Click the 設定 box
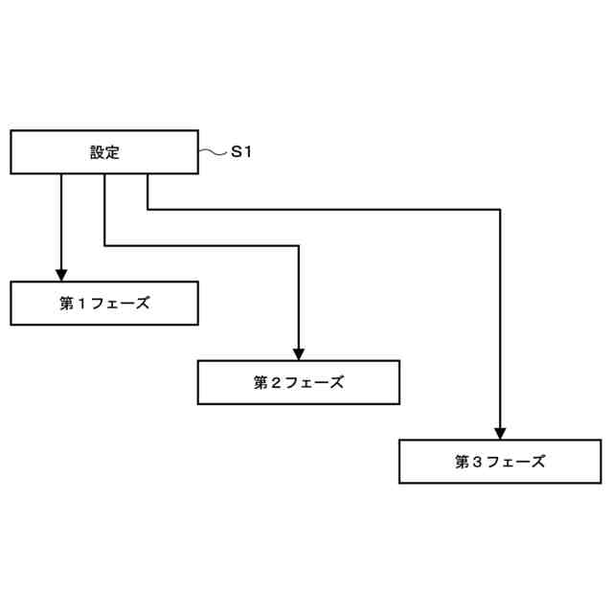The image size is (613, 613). (104, 152)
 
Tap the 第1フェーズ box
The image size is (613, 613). (104, 304)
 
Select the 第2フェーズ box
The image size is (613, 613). (298, 382)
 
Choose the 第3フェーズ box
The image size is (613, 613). (499, 461)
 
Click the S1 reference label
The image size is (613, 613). (241, 151)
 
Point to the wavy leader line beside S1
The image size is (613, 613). (212, 151)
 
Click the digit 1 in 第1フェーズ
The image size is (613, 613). (82, 304)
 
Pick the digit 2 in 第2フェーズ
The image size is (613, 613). (276, 383)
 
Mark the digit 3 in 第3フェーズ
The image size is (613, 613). (477, 462)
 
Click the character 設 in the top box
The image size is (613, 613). (97, 152)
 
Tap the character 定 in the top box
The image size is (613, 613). (112, 152)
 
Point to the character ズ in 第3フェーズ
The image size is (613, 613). (538, 462)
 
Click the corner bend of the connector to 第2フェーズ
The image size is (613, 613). (298, 246)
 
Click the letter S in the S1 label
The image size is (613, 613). (237, 151)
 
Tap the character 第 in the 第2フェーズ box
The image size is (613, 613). (261, 383)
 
